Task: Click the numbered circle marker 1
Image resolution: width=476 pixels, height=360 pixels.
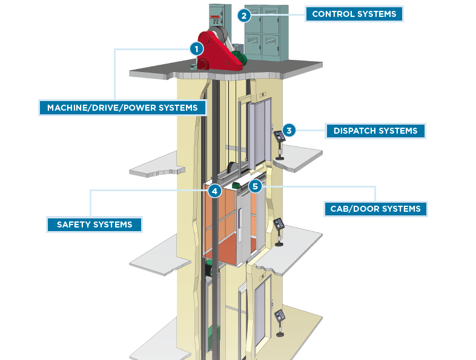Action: (196, 48)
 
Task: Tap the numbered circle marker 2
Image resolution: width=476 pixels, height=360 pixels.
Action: (243, 16)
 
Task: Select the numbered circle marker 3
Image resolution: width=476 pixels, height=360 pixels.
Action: (289, 130)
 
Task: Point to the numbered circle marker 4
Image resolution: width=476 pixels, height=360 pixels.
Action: (214, 191)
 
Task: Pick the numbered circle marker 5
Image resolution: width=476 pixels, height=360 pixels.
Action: (255, 186)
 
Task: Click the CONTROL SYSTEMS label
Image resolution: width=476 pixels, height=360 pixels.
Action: (354, 14)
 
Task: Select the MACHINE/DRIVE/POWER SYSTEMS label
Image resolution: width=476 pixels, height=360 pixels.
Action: (122, 108)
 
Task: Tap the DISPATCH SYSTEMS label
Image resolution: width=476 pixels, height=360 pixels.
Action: (375, 131)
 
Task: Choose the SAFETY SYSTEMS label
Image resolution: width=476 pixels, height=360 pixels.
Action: (94, 224)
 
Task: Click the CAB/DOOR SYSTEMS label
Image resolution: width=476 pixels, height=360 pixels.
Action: (375, 209)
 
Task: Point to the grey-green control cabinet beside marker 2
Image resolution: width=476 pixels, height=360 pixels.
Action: (266, 33)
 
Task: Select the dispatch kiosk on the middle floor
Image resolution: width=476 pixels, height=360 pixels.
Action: (279, 231)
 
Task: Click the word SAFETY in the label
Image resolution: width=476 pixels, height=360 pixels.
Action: (74, 224)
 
